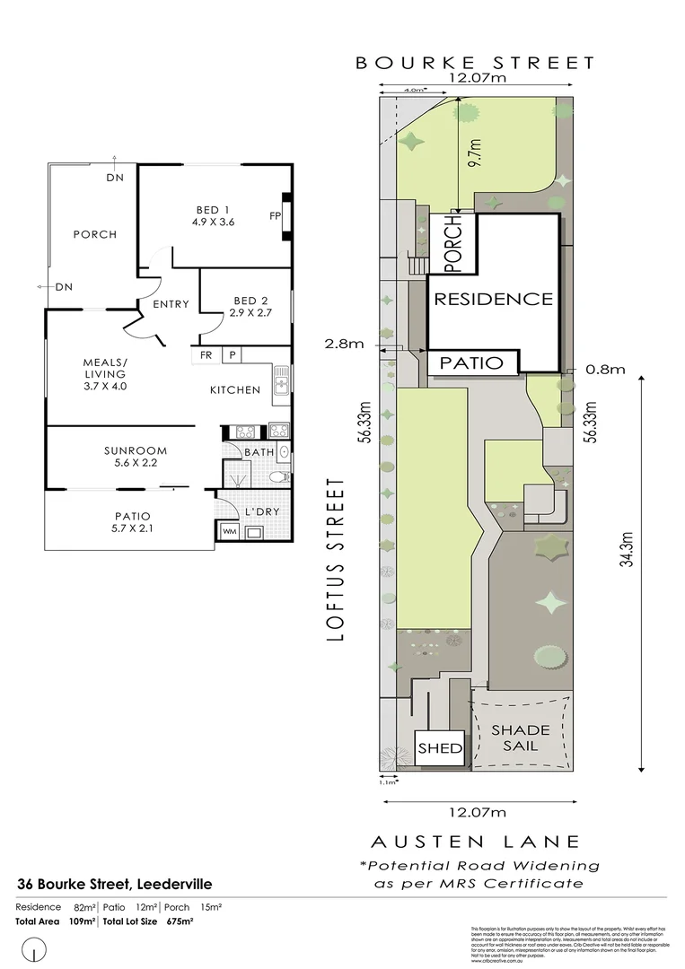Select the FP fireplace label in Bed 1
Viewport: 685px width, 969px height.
[275, 216]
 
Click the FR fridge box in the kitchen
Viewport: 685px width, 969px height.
[206, 355]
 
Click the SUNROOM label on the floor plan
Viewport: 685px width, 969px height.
[136, 450]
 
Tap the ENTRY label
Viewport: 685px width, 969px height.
[171, 304]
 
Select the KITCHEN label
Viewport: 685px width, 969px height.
[235, 389]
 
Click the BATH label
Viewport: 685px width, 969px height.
[259, 452]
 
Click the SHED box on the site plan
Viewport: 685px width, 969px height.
[440, 748]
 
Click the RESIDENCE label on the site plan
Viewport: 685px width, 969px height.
[493, 300]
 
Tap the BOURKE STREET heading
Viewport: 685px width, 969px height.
[475, 63]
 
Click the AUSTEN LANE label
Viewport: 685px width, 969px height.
[475, 842]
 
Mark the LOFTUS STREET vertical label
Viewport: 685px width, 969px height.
[337, 558]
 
